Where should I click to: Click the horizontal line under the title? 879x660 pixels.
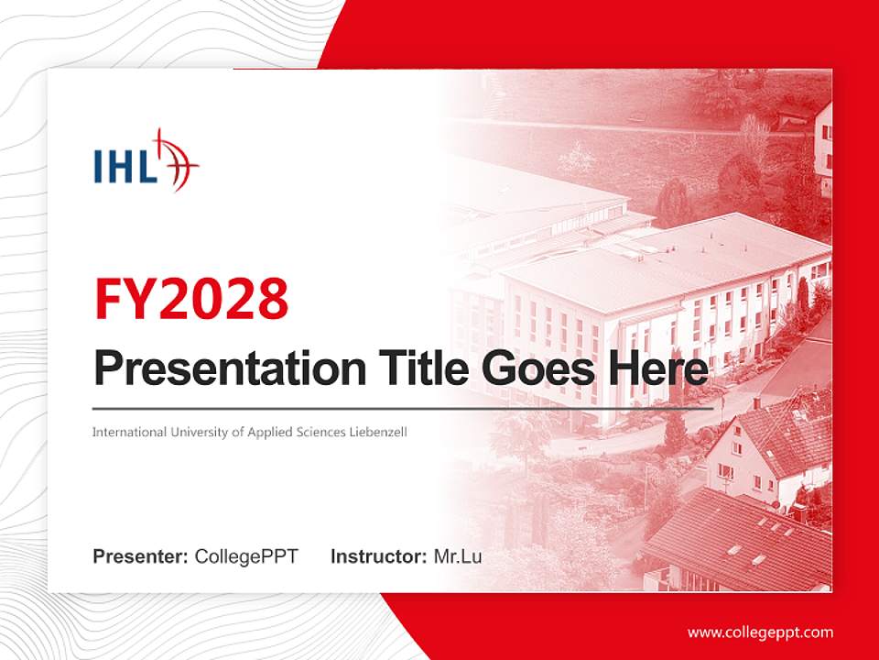(403, 408)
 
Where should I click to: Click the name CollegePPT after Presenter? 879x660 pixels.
(246, 556)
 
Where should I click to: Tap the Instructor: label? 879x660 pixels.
(378, 556)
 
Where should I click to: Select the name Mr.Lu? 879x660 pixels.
(458, 556)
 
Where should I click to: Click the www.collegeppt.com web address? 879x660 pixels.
(760, 632)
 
